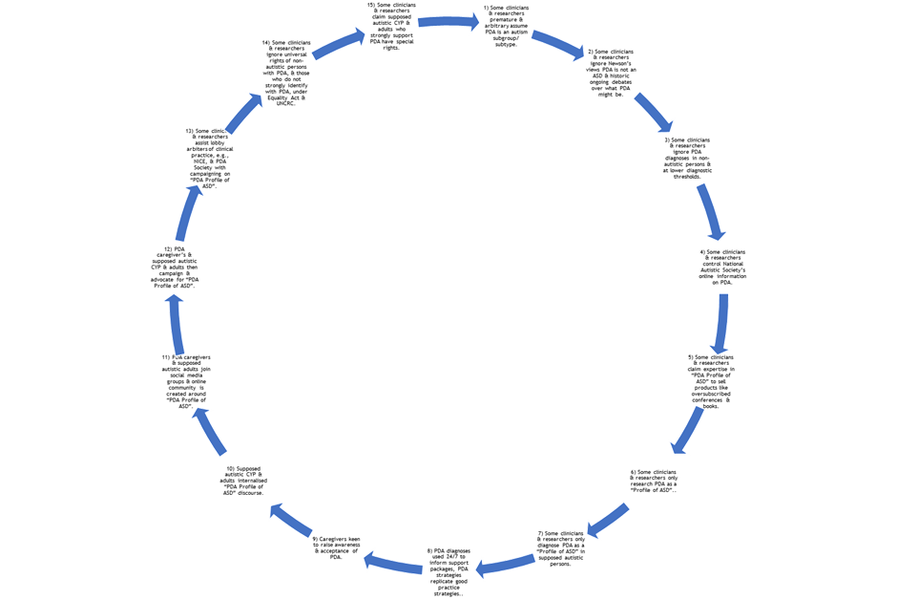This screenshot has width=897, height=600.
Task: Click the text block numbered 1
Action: point(507,26)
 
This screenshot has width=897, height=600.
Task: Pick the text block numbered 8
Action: point(450,571)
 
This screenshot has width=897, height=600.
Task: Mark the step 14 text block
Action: point(285,73)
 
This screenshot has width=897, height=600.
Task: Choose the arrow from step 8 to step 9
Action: point(391,562)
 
